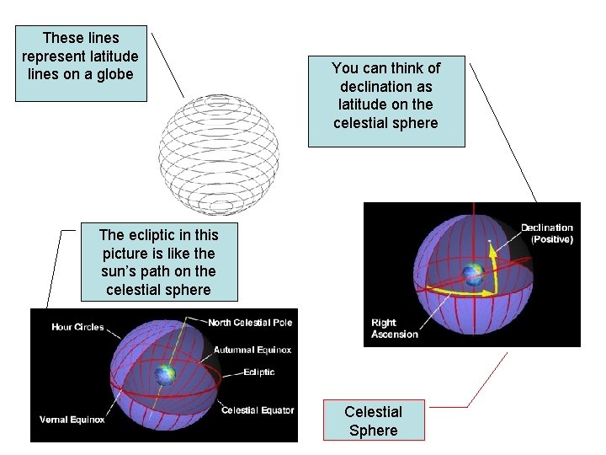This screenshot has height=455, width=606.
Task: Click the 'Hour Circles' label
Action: point(77,327)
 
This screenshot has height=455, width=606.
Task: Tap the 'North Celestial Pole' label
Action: point(251,323)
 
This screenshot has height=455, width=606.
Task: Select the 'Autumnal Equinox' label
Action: point(252,350)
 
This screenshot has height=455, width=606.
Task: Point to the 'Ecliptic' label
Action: point(258,372)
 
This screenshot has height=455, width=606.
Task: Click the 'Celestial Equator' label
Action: point(258,410)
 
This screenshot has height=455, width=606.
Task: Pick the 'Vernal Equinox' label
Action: point(72,420)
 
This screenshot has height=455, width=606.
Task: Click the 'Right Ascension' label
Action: point(394,329)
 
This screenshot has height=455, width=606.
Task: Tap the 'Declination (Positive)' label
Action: point(546,233)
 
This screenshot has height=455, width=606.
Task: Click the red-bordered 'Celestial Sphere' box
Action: point(374,420)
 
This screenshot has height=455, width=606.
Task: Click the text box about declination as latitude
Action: point(385,95)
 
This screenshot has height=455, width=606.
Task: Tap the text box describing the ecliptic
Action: point(158,262)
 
